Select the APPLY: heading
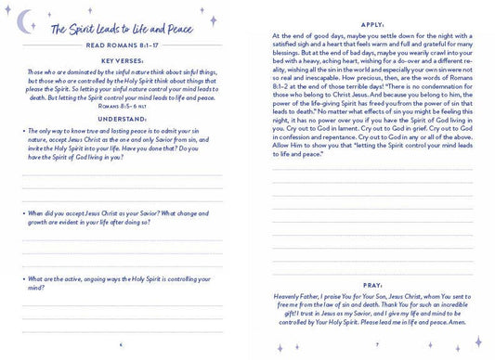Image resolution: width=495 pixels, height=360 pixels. [x=371, y=16]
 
